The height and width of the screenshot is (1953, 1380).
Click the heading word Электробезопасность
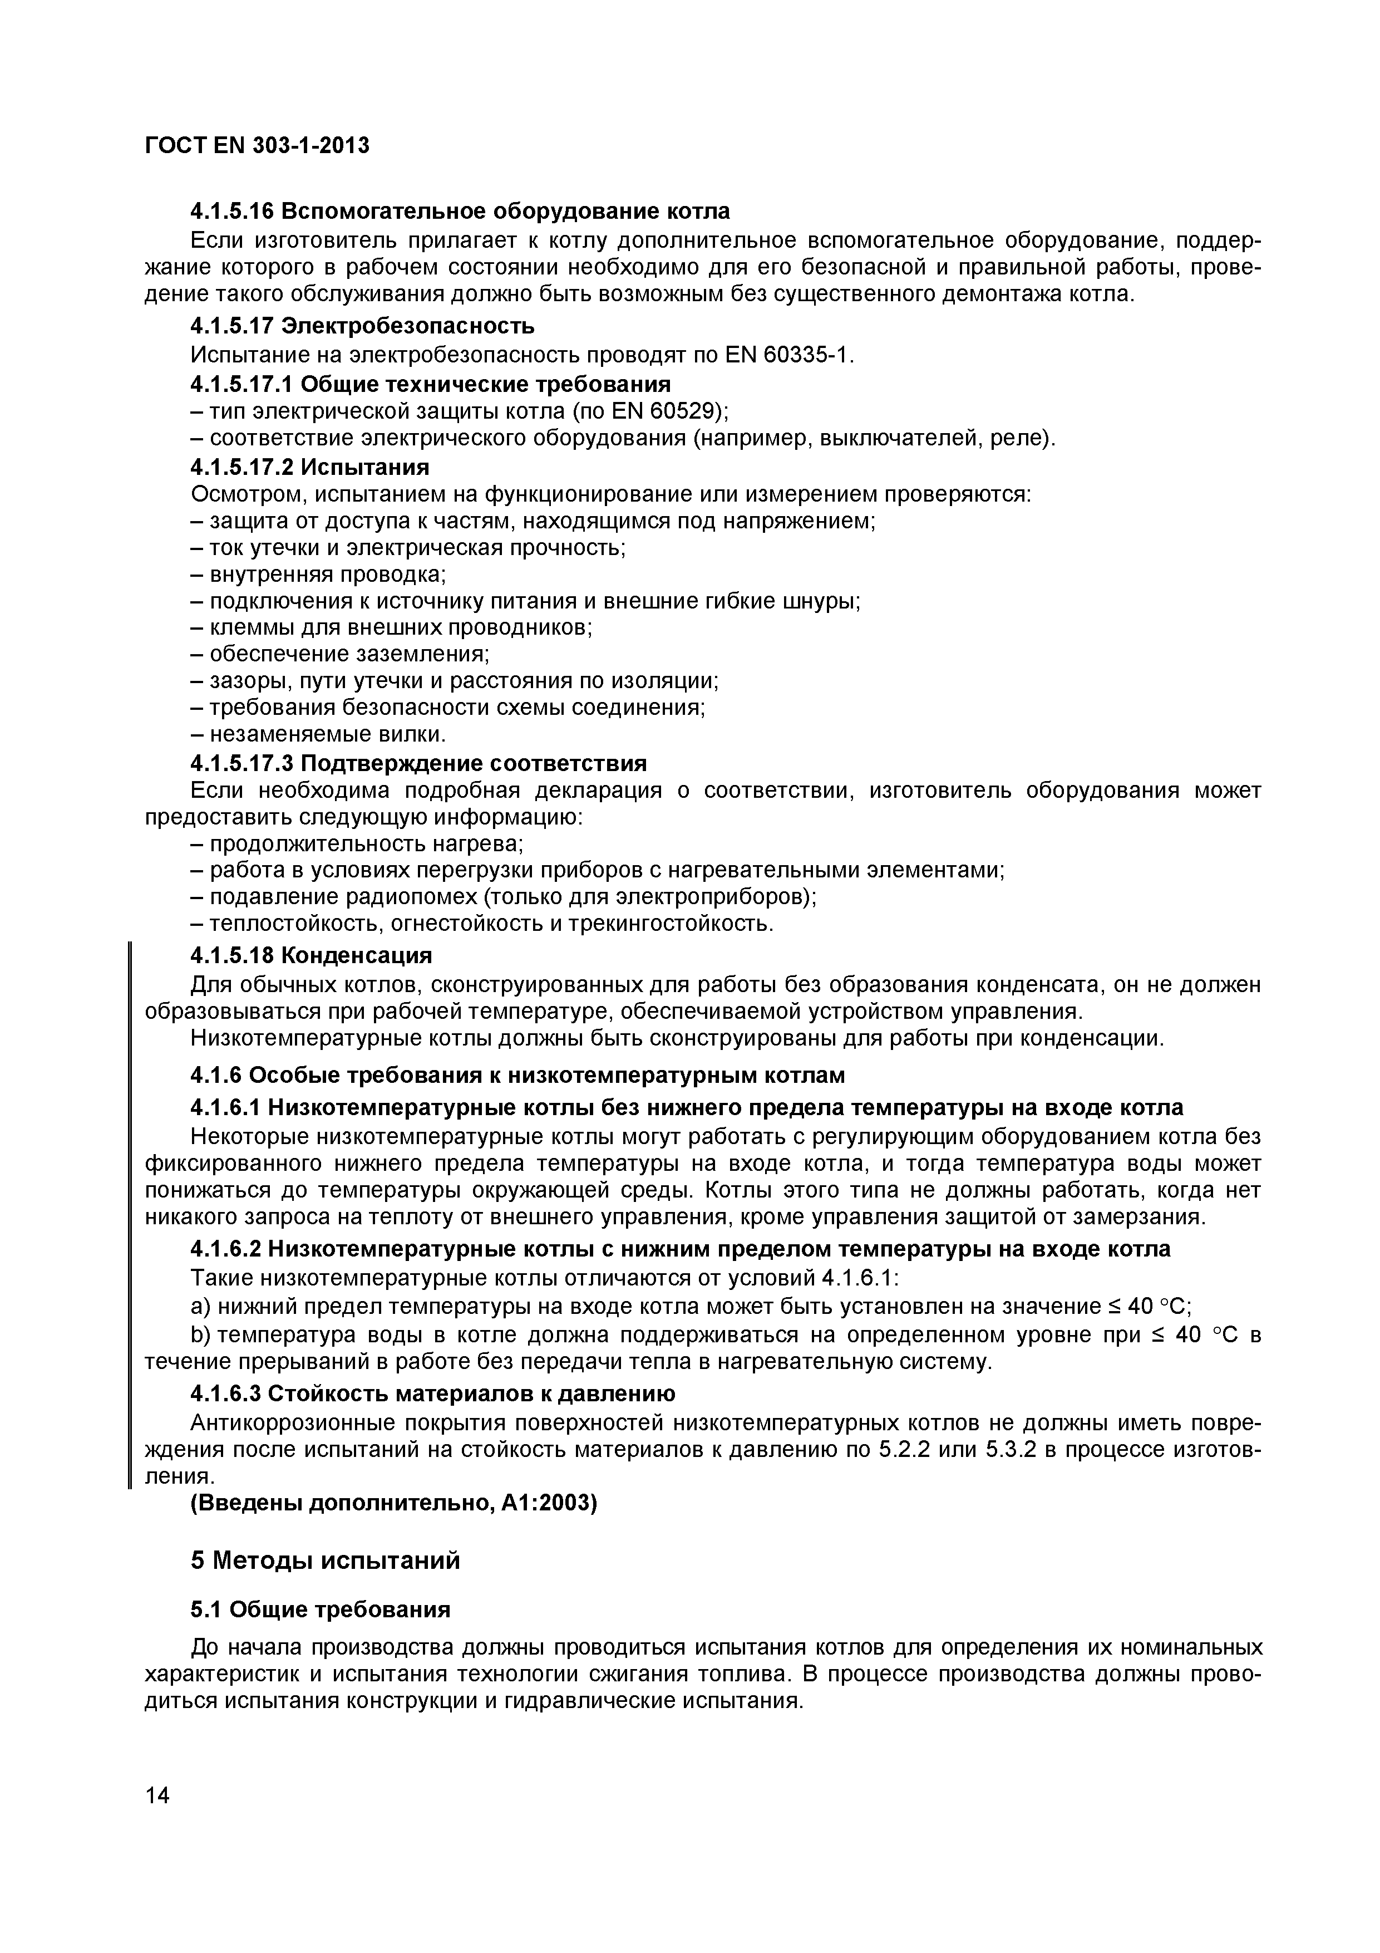(407, 326)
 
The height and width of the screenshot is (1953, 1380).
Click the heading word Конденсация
(356, 955)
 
